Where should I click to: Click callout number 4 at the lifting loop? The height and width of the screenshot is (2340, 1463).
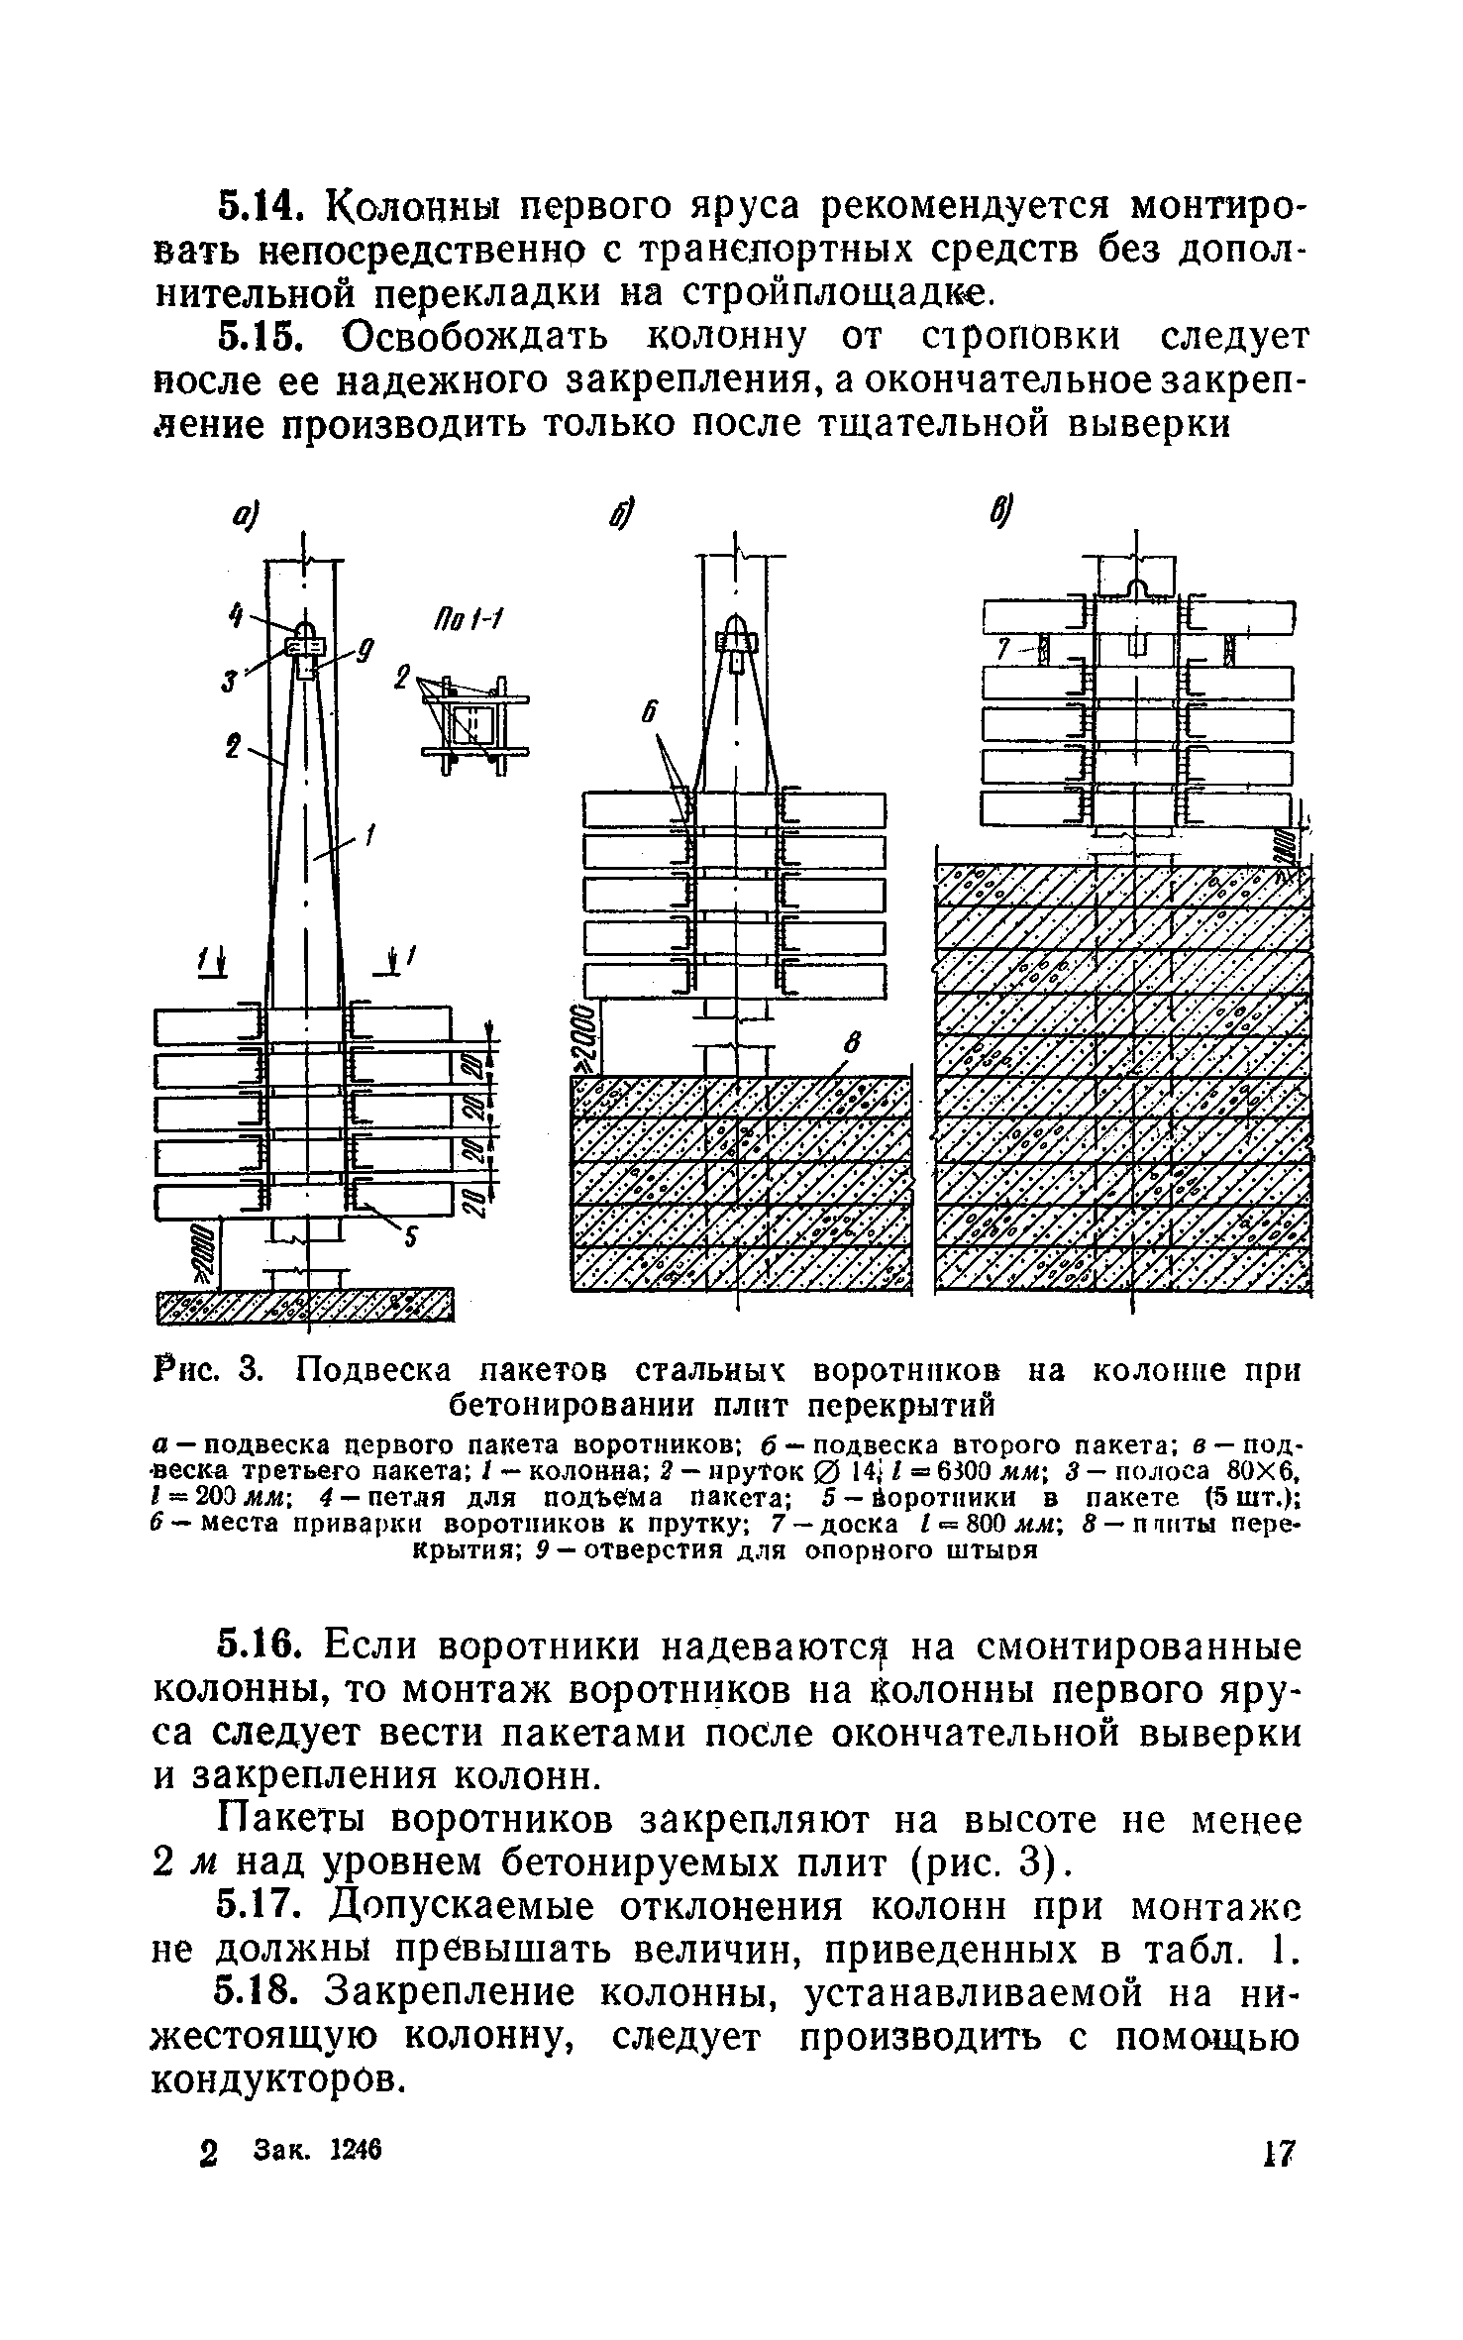(x=234, y=617)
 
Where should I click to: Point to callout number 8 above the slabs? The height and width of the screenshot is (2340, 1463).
(x=849, y=1042)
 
